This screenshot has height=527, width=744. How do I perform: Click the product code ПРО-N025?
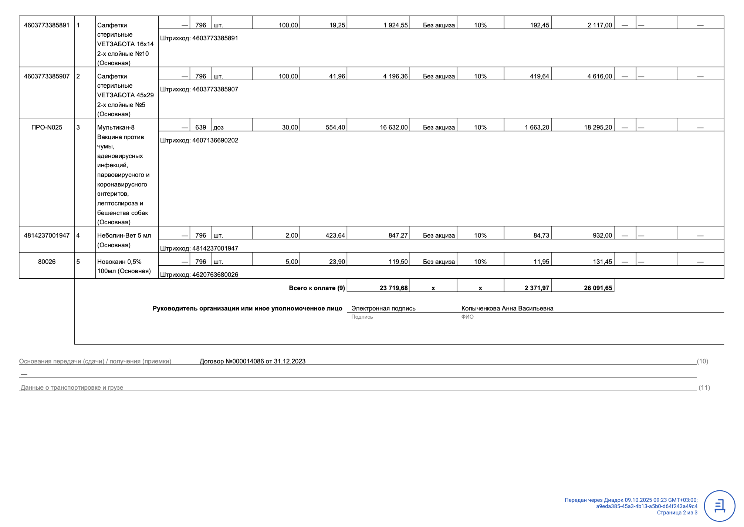pyautogui.click(x=47, y=127)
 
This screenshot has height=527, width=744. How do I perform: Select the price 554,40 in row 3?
pyautogui.click(x=335, y=127)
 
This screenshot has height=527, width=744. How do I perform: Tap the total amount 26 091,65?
pyautogui.click(x=598, y=288)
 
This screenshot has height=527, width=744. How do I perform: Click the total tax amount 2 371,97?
pyautogui.click(x=537, y=288)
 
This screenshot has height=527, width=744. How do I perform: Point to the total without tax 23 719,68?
pyautogui.click(x=393, y=288)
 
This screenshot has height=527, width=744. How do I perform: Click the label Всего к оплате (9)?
pyautogui.click(x=317, y=288)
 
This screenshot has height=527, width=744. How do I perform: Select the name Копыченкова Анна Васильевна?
pyautogui.click(x=507, y=308)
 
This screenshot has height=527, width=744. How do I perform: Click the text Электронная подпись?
pyautogui.click(x=383, y=308)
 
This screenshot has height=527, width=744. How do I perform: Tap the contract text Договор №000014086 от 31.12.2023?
pyautogui.click(x=252, y=361)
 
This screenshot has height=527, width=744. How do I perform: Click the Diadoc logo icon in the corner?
pyautogui.click(x=719, y=506)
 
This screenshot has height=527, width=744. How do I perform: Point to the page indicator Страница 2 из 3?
pyautogui.click(x=677, y=513)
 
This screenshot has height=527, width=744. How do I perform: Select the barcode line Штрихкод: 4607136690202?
pyautogui.click(x=199, y=140)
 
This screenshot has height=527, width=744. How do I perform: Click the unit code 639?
pyautogui.click(x=200, y=127)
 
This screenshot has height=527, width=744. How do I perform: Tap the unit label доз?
pyautogui.click(x=219, y=128)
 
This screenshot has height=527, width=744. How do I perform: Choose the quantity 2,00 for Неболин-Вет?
pyautogui.click(x=291, y=235)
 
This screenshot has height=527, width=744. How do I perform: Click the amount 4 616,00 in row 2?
pyautogui.click(x=599, y=76)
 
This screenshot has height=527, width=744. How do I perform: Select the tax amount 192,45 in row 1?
pyautogui.click(x=540, y=25)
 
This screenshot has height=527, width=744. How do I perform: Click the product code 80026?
pyautogui.click(x=47, y=262)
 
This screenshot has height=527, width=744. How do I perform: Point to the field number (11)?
pyautogui.click(x=704, y=387)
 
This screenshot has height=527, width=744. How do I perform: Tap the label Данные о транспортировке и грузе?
pyautogui.click(x=72, y=387)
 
